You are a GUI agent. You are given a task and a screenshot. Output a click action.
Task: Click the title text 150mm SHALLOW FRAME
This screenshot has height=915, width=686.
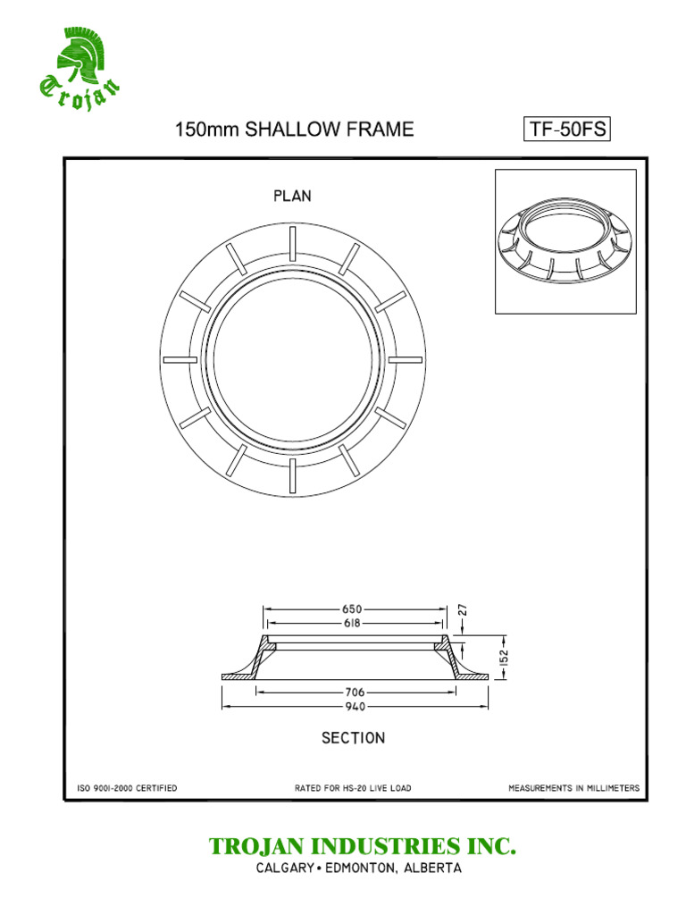click(x=294, y=130)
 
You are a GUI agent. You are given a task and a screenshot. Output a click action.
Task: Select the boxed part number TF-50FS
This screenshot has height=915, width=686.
click(x=567, y=130)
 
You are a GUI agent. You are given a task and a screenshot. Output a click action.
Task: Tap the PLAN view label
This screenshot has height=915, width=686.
click(x=292, y=196)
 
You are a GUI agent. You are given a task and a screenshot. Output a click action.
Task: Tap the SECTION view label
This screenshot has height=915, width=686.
click(x=353, y=738)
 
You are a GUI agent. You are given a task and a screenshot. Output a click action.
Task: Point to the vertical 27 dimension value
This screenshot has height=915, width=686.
click(x=464, y=611)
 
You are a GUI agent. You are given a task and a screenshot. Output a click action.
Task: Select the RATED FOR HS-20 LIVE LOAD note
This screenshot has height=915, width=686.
click(x=353, y=788)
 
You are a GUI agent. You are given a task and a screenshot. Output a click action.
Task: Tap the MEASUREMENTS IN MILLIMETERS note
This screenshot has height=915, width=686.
click(x=573, y=788)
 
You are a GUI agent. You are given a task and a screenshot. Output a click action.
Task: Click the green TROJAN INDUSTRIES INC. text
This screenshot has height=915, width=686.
click(x=362, y=846)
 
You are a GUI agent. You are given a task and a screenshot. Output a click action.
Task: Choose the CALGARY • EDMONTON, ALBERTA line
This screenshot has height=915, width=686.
click(x=358, y=869)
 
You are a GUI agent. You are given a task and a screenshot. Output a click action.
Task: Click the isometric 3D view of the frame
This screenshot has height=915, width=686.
click(x=565, y=241)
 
